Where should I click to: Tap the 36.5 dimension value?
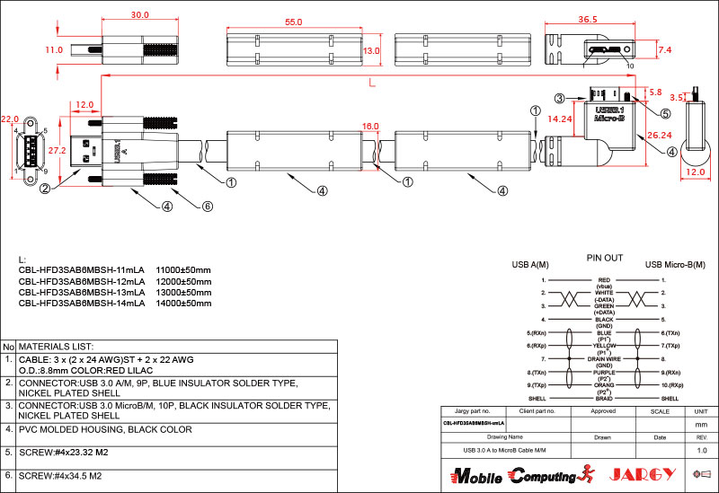pos(587,20)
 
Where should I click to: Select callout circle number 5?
pos(666,114)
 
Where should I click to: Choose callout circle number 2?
pos(45,188)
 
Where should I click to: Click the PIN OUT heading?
pos(604,258)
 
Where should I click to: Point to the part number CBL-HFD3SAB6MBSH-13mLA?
pos(81,292)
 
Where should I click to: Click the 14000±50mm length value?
pos(183,303)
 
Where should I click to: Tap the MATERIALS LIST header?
pos(56,346)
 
